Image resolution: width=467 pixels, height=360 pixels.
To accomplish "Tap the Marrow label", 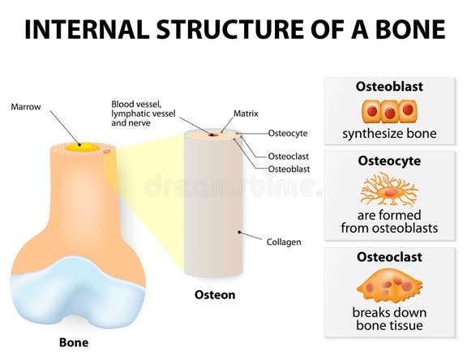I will [26, 106].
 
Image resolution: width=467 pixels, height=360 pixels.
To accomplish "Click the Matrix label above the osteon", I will [246, 114].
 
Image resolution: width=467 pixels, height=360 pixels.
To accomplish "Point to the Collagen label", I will [284, 241].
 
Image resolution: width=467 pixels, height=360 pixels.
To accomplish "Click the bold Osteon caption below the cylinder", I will [215, 295].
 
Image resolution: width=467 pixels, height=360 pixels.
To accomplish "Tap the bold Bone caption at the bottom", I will [74, 342].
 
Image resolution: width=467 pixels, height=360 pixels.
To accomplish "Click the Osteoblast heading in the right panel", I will [389, 87].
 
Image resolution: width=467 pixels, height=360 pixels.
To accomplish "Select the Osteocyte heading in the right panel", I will [389, 161].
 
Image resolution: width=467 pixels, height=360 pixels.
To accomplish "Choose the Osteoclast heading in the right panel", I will [389, 256].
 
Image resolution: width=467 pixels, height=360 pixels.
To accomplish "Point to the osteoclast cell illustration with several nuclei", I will [389, 286].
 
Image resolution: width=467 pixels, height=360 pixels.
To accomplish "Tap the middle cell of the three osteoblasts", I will [389, 111].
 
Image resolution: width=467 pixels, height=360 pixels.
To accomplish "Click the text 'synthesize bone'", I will [389, 134].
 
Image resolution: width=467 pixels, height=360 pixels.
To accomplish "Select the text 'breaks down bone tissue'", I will [389, 319].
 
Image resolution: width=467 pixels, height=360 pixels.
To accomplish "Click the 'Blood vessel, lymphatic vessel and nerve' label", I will [140, 114].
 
